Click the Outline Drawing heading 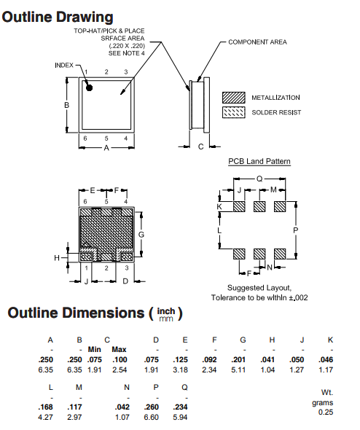coord(58,17)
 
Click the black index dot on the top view coord(89,87)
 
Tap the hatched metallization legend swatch coord(234,97)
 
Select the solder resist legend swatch coord(234,112)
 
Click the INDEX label coord(64,65)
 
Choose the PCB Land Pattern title coord(259,161)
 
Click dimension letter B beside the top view coord(66,105)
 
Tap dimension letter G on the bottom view coord(141,234)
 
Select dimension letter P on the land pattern coord(295,230)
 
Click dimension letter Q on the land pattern coord(259,179)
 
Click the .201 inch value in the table coord(243,360)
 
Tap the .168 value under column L coord(49,406)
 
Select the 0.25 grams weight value coord(326,413)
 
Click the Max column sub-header coord(120,350)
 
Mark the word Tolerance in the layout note coord(228,297)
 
